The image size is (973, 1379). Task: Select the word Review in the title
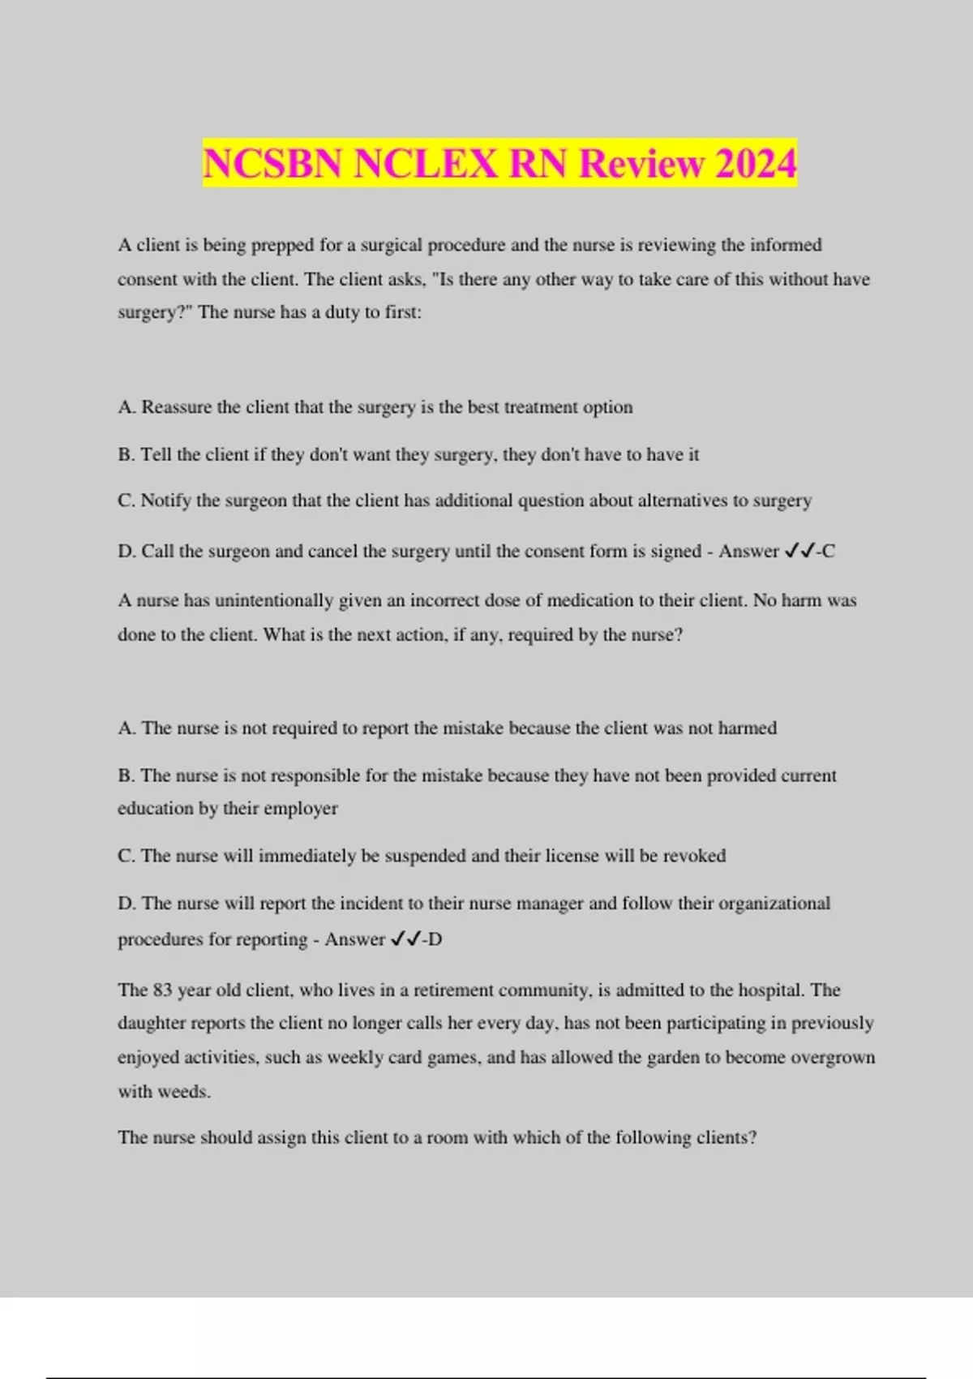click(x=641, y=164)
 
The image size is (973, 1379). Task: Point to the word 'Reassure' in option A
click(x=176, y=407)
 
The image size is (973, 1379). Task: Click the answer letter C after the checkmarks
click(x=829, y=552)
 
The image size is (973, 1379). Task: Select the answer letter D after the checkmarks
click(x=435, y=939)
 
